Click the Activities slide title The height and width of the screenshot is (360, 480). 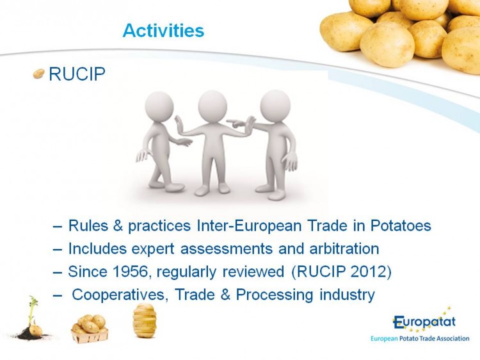click(163, 30)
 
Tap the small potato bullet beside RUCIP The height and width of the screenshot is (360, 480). click(38, 74)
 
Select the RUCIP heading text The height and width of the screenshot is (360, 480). click(77, 74)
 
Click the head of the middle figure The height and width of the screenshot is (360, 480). click(212, 104)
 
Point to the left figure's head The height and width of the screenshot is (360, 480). click(159, 106)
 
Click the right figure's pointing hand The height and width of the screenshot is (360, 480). click(236, 123)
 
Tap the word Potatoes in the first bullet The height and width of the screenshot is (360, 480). click(401, 225)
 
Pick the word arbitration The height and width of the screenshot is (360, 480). click(344, 249)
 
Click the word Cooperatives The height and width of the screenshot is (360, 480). click(120, 295)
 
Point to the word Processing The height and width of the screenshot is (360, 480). click(275, 295)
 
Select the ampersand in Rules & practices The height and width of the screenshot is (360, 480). click(118, 225)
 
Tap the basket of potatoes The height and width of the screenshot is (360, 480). click(90, 329)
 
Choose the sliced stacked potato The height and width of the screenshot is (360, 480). click(145, 320)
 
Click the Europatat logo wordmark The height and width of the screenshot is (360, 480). click(424, 322)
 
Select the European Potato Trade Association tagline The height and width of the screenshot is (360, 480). click(420, 339)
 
